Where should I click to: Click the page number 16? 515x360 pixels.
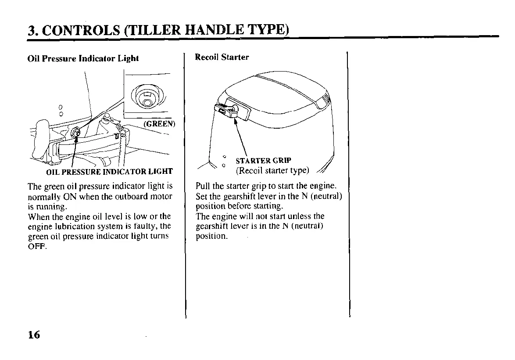(34, 335)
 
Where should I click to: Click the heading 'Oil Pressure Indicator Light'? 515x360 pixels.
(83, 58)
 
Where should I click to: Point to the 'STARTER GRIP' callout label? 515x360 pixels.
(263, 160)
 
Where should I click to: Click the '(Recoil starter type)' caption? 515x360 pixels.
(272, 170)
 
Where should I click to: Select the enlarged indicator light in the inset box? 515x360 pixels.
(146, 97)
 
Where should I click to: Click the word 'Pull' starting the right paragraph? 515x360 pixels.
(203, 187)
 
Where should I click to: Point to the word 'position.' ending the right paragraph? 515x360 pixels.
(212, 236)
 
